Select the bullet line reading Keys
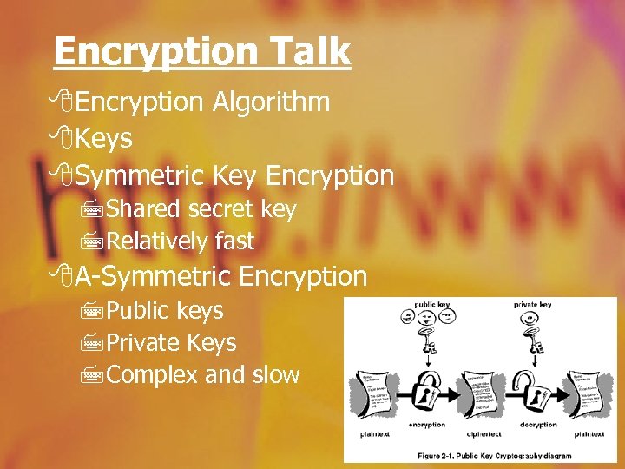pyautogui.click(x=102, y=139)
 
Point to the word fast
pyautogui.click(x=234, y=241)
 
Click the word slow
pyautogui.click(x=275, y=375)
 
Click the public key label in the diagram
pyautogui.click(x=431, y=305)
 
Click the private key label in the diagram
pyautogui.click(x=532, y=305)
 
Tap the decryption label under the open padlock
pyautogui.click(x=538, y=425)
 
